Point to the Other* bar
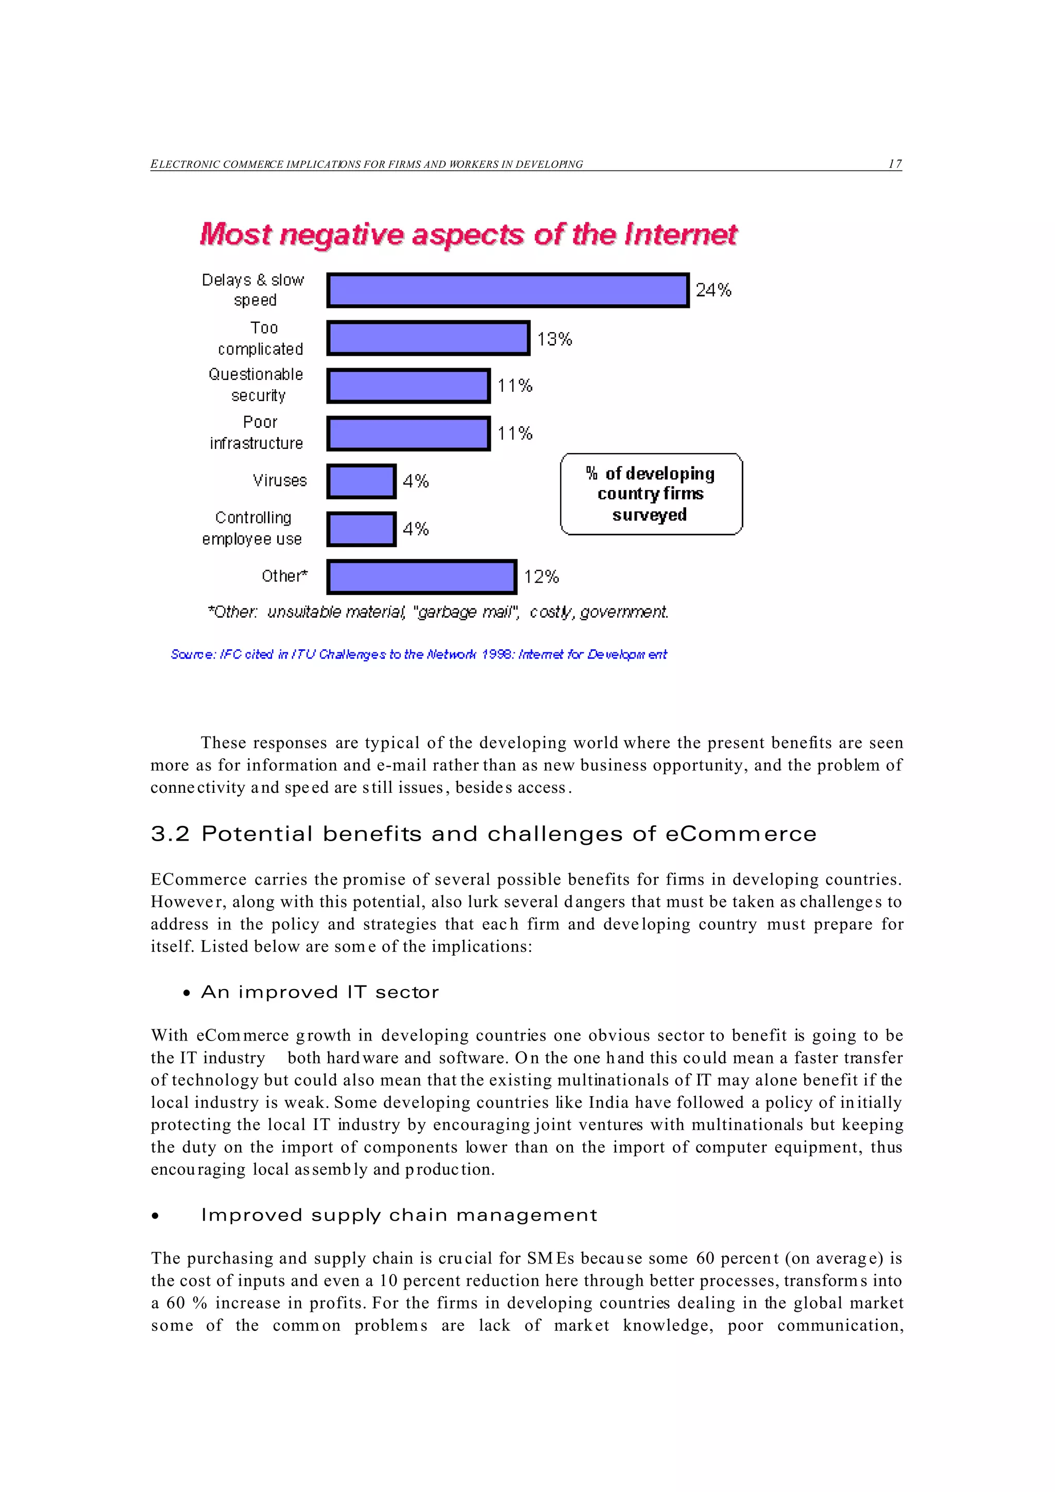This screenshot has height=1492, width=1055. coord(421,577)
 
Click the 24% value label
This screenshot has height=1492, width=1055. coord(713,290)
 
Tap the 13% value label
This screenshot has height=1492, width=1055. coord(554,339)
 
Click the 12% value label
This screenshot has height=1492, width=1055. coord(541,577)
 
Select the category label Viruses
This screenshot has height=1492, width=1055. coord(280,480)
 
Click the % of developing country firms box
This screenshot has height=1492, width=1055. coord(651,494)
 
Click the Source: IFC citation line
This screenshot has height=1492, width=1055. coord(419,654)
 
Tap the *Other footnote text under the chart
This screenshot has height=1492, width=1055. coord(437,612)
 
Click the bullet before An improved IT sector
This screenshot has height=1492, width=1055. coord(186,994)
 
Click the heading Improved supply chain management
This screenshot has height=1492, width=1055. coord(399,1215)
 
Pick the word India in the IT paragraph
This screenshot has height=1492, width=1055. coord(608,1102)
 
